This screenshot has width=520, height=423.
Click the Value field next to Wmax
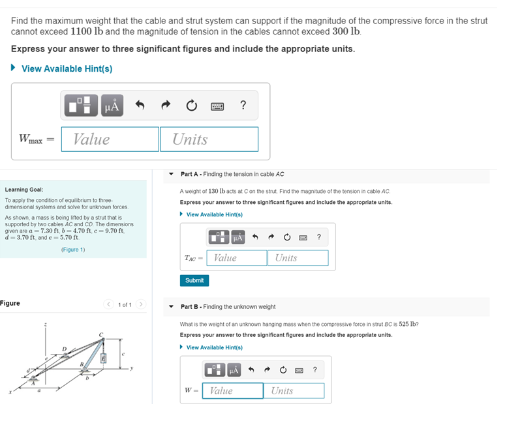click(x=110, y=139)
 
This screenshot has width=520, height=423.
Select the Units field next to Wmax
click(x=209, y=139)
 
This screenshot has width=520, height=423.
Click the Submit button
click(x=194, y=280)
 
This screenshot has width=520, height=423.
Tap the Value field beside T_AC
click(x=237, y=258)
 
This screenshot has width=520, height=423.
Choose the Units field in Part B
click(x=294, y=391)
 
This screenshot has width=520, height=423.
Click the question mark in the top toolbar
click(x=243, y=105)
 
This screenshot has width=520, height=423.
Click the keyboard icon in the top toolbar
click(x=217, y=106)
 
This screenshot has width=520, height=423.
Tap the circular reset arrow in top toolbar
click(x=191, y=106)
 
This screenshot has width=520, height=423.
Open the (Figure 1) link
click(x=73, y=250)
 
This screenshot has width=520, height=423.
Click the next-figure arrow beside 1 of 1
click(x=140, y=304)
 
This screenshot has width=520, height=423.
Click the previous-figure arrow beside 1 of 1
click(x=110, y=304)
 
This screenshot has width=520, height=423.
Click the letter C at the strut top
click(x=100, y=334)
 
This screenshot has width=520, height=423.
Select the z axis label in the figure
click(x=45, y=324)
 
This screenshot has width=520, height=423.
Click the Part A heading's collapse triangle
click(x=171, y=174)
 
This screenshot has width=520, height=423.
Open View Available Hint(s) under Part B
click(x=214, y=347)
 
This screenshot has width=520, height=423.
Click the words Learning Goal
click(x=23, y=190)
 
